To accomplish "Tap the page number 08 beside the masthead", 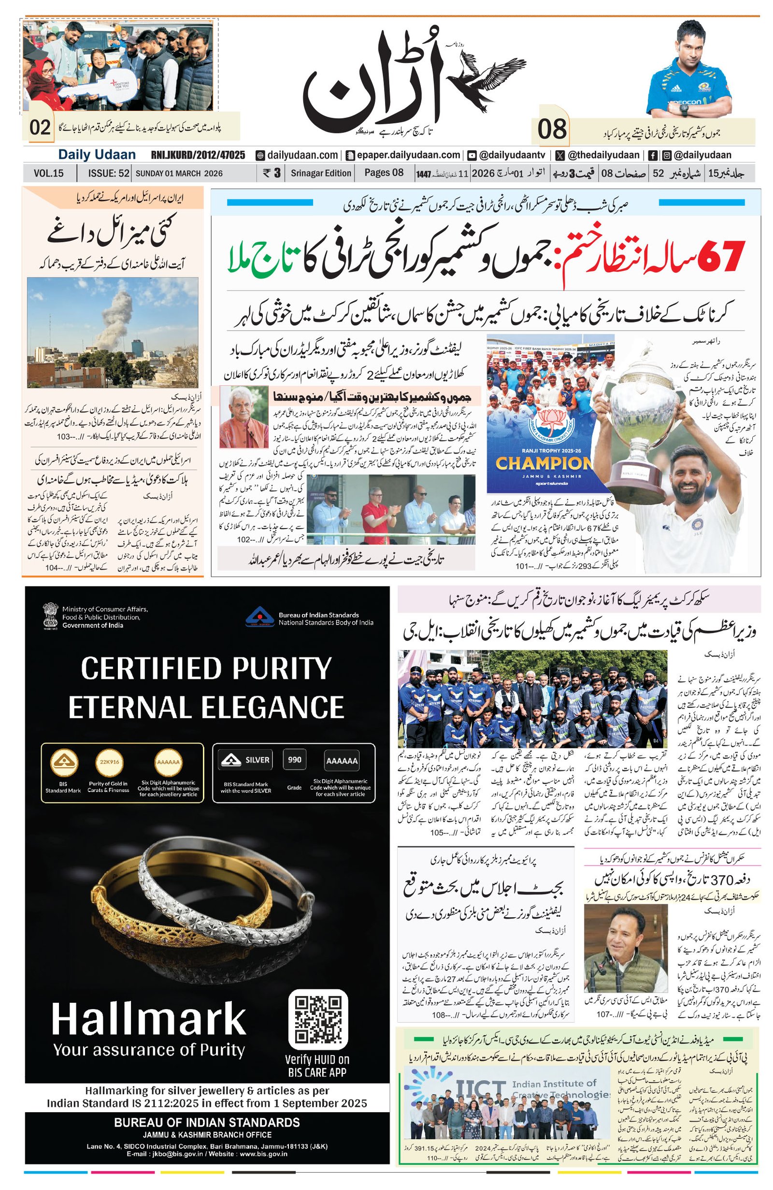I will (552, 129).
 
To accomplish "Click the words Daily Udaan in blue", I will (97, 155).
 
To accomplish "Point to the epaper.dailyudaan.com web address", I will (408, 155).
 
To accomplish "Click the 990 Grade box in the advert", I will (294, 760).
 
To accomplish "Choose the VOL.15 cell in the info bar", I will (48, 174).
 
